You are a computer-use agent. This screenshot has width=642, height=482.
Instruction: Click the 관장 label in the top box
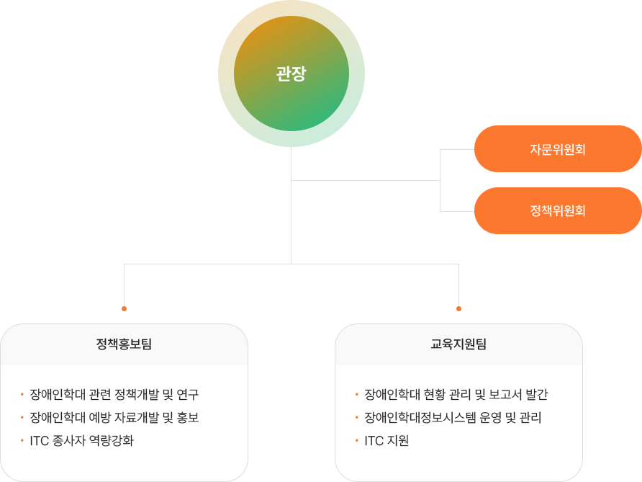click(x=291, y=73)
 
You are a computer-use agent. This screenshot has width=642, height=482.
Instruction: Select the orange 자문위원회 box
click(x=557, y=149)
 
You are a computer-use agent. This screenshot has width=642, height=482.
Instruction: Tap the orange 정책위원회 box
click(x=557, y=211)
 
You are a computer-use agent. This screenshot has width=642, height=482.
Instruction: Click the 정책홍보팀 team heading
click(x=124, y=344)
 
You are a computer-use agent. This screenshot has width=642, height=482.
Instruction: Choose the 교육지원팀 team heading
click(x=458, y=344)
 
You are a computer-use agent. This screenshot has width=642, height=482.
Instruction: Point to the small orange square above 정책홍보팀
click(x=124, y=308)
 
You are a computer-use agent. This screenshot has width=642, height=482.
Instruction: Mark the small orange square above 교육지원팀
click(x=458, y=308)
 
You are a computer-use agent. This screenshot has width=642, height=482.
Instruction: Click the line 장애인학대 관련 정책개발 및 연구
click(x=114, y=395)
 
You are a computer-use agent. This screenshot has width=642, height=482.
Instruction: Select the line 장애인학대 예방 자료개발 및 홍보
click(x=114, y=418)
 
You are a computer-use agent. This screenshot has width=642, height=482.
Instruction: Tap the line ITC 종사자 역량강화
click(x=81, y=441)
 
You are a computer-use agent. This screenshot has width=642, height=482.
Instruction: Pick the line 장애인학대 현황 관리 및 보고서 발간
click(x=456, y=395)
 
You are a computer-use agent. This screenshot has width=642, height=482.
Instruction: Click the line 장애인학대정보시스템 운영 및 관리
click(x=453, y=418)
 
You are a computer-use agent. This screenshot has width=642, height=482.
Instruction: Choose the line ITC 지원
click(x=386, y=441)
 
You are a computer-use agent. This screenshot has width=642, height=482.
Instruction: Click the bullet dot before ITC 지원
click(x=356, y=441)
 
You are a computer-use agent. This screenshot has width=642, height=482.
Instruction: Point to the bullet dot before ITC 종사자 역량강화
click(x=22, y=441)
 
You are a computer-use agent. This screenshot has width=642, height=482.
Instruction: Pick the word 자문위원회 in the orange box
click(x=557, y=150)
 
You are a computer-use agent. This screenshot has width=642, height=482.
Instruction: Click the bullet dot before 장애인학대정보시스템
click(x=356, y=418)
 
